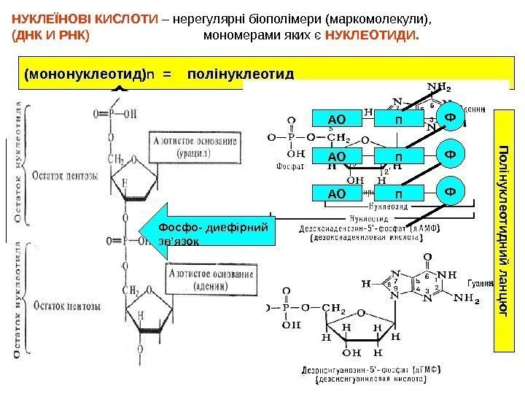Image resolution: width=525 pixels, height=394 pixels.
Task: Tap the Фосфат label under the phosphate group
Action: pos(290,167)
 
